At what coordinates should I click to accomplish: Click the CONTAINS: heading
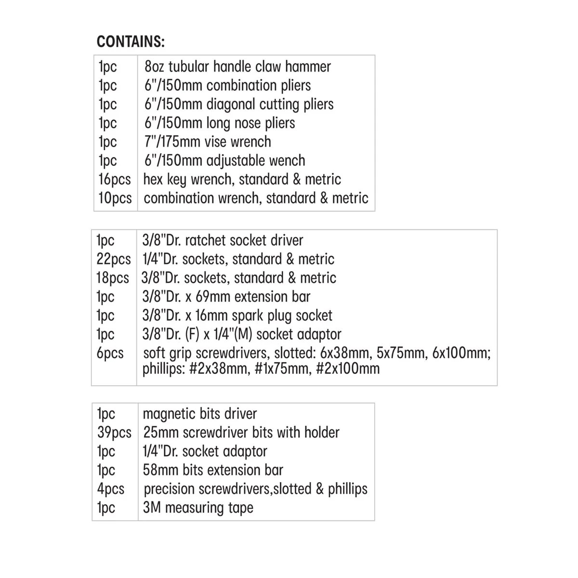pos(131,42)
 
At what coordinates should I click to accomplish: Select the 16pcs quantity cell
pos(114,180)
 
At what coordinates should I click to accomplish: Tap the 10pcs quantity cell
pos(115,198)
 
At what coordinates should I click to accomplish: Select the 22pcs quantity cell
pos(113,259)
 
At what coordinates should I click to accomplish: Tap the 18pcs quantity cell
pos(113,278)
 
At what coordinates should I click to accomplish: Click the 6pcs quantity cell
pos(110,353)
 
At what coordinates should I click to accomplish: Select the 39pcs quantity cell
pos(114,433)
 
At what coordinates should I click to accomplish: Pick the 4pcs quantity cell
pos(110,489)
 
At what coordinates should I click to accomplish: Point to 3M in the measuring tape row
pos(152,508)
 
